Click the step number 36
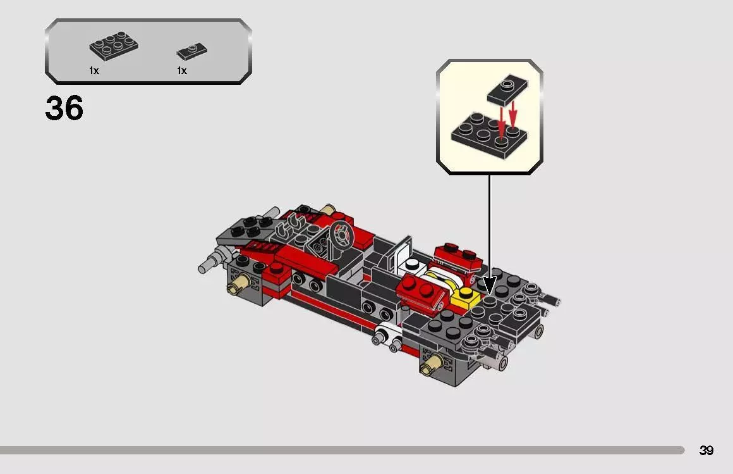click(x=64, y=109)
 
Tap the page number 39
click(x=706, y=451)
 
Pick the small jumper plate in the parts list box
click(x=191, y=51)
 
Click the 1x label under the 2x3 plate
click(x=94, y=71)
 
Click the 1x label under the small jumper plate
click(x=182, y=71)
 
